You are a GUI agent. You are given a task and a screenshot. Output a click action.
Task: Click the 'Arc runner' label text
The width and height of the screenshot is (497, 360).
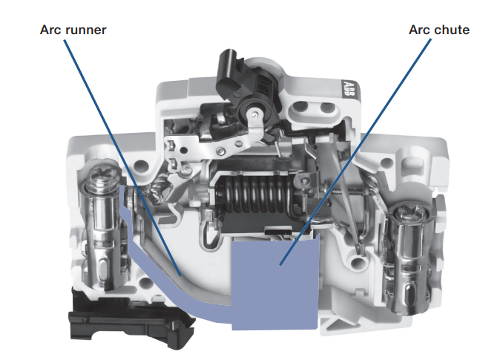73,30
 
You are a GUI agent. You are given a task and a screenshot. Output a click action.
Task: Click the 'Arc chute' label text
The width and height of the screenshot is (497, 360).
439,30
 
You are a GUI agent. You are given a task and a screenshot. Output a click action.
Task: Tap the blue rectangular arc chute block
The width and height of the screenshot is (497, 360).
275,284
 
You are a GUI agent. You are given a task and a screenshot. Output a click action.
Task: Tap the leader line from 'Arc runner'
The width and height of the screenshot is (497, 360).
122,157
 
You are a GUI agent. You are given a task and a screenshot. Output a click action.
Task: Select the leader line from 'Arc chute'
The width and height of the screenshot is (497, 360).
355,151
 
